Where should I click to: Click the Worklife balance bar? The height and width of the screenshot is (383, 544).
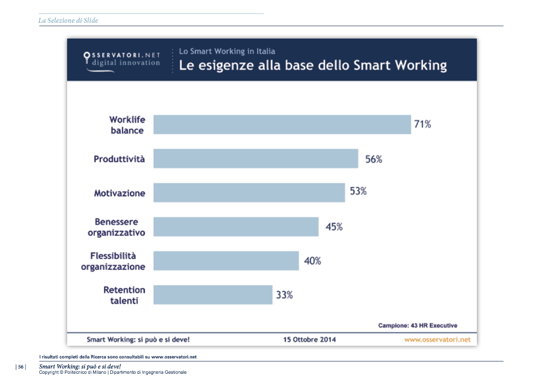coord(282,124)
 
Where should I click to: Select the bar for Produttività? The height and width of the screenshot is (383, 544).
coord(256,159)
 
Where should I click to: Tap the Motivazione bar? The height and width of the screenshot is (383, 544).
coord(249,192)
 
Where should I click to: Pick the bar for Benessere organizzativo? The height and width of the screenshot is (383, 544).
coord(236,227)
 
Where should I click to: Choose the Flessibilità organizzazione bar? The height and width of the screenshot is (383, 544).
coord(226,261)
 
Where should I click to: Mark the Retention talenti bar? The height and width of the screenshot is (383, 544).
coord(213,294)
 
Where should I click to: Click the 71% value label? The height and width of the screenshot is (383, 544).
coord(422,124)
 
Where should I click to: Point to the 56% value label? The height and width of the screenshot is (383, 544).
coord(374,159)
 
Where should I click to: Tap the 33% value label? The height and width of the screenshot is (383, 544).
coord(284,295)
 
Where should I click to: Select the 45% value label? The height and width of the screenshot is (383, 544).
coord(334,227)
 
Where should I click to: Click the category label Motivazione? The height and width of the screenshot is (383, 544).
coord(119,193)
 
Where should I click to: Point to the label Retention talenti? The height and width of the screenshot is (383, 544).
coord(124,295)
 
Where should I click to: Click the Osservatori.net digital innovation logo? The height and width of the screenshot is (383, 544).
coord(122,60)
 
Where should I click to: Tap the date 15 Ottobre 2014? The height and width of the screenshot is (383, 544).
coord(310,339)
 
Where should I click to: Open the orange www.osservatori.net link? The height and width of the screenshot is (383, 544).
coord(437,339)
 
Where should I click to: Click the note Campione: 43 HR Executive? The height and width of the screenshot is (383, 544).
coord(417,325)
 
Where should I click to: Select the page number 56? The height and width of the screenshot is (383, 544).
coord(21,367)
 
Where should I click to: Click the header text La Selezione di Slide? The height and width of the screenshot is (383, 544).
coord(68,20)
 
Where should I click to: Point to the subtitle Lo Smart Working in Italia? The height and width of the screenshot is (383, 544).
coord(227,51)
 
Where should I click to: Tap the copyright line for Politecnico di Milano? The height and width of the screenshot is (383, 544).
coord(113,372)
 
